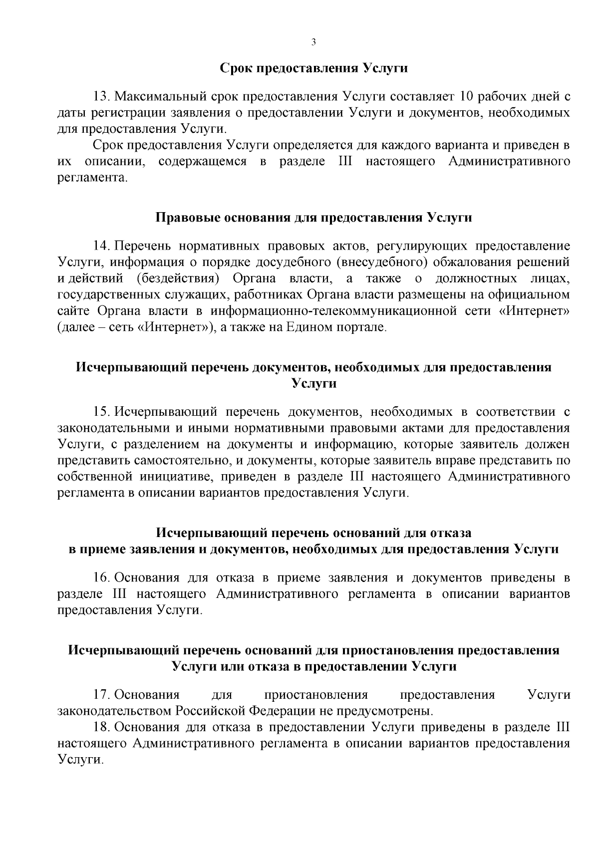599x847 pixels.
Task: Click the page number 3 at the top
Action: click(313, 42)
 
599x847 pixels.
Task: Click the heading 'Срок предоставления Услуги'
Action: click(314, 68)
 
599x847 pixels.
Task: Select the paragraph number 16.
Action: click(102, 578)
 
